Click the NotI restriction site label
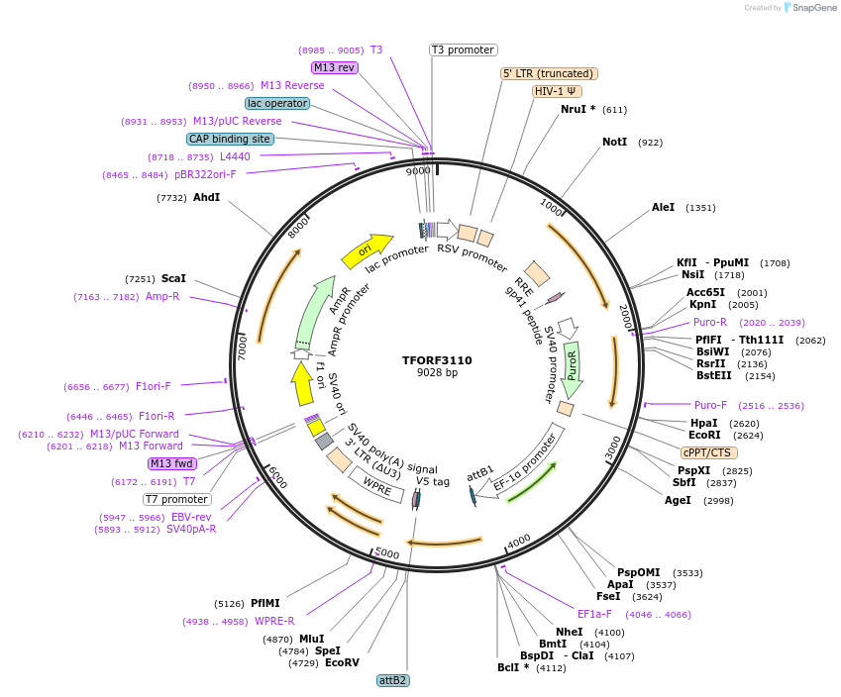point(614,142)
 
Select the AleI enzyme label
point(663,207)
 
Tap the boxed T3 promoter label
point(463,50)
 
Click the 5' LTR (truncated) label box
point(548,73)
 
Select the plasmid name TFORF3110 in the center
point(437,360)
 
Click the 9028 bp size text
point(437,373)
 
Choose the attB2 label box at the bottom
point(393,680)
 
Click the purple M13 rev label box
point(334,67)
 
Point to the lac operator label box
point(277,103)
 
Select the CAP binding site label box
point(230,139)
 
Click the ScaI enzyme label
point(173,279)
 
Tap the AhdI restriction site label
point(206,198)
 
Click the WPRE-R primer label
point(274,621)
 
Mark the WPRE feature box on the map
point(375,485)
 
